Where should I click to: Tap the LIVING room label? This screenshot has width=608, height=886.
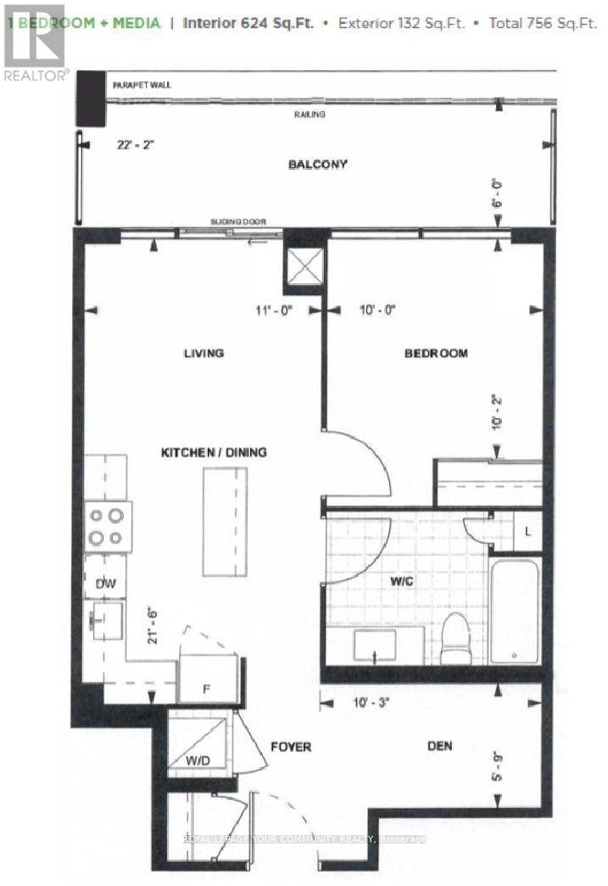point(204,353)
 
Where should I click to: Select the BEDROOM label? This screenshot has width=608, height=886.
point(435,353)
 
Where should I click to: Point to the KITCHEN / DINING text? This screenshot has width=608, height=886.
point(214,453)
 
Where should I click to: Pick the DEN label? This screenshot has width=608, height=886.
point(438,746)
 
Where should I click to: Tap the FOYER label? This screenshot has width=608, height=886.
point(291,747)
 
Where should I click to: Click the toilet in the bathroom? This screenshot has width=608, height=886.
point(455,641)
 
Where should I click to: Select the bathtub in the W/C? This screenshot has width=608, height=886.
point(514,610)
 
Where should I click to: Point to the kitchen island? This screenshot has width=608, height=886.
point(219,520)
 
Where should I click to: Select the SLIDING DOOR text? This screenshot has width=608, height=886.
point(237,222)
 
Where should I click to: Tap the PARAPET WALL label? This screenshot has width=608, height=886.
point(139,86)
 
